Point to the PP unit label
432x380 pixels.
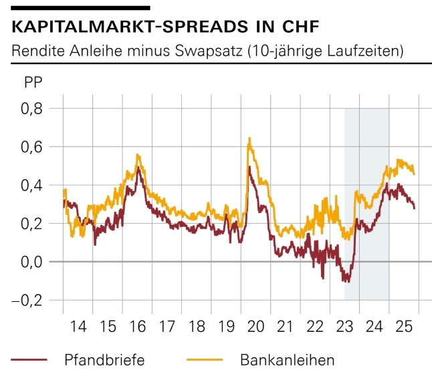(x=33, y=83)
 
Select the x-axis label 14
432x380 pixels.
(x=78, y=329)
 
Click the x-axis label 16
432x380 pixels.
(x=137, y=329)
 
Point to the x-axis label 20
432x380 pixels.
(x=255, y=329)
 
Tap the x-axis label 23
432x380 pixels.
(x=344, y=329)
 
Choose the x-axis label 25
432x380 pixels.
(x=403, y=329)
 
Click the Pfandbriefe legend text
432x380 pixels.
(x=104, y=361)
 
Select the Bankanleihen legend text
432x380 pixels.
(x=287, y=361)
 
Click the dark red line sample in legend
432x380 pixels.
(x=29, y=361)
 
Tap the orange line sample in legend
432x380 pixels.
(x=204, y=361)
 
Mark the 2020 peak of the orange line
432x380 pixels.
(x=249, y=138)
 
